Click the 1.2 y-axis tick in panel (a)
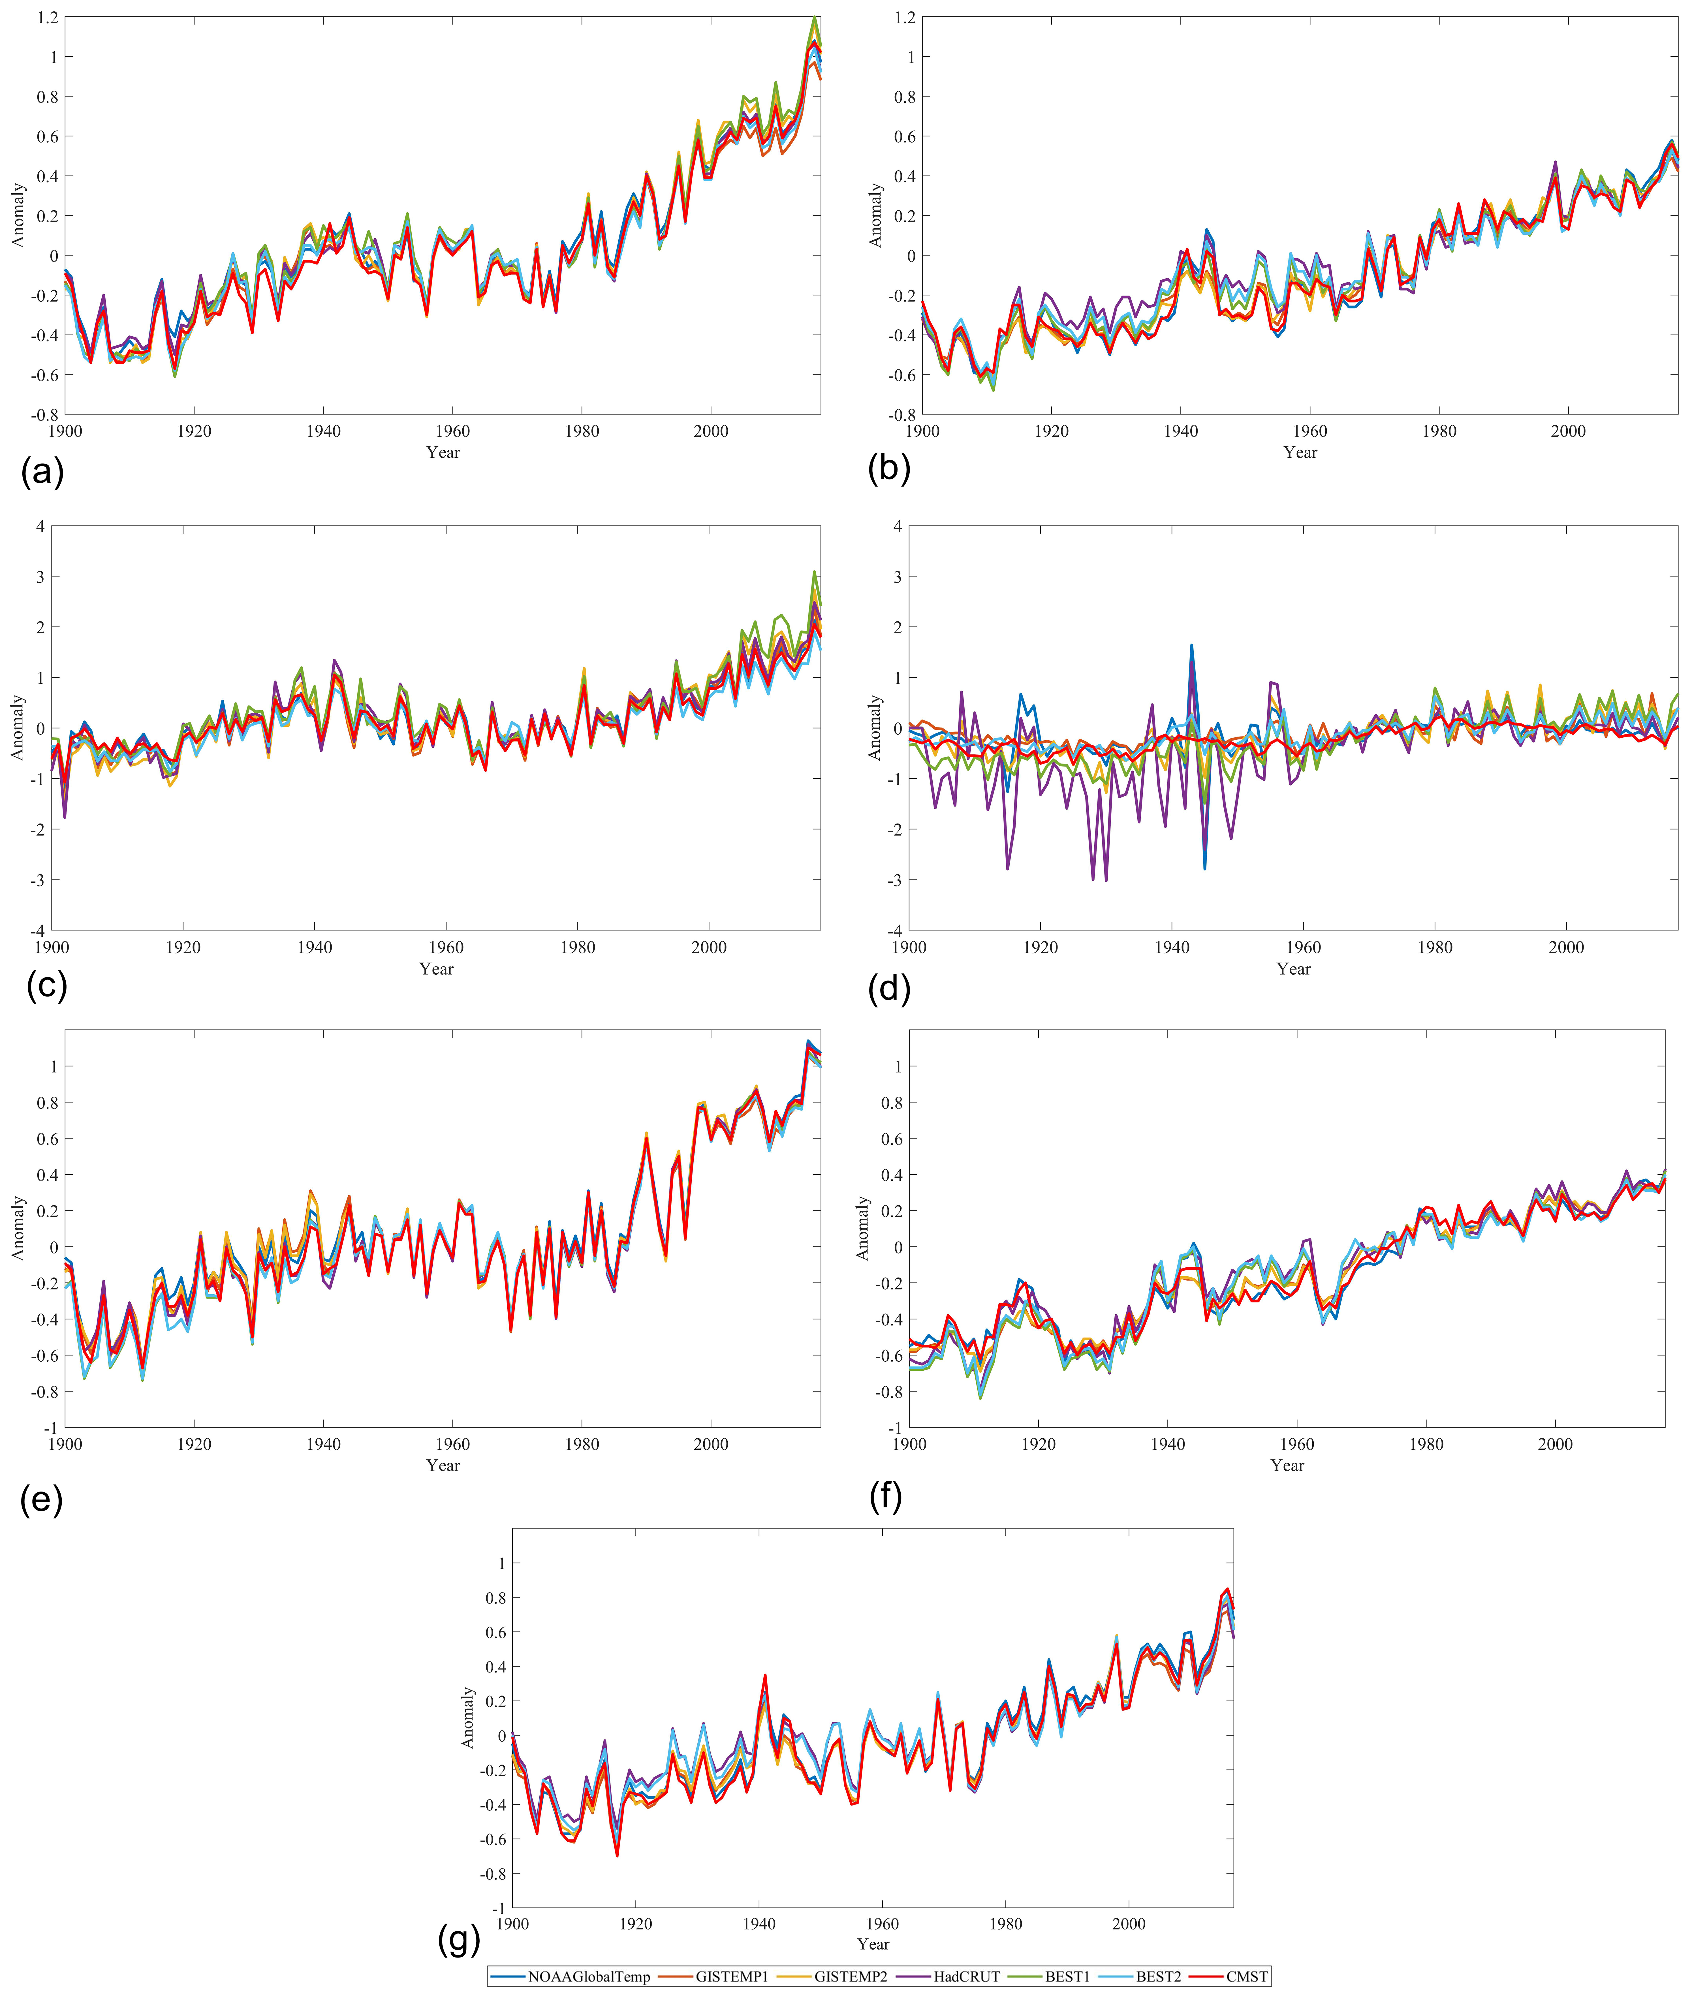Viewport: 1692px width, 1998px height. point(48,17)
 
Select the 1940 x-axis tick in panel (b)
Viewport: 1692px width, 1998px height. point(1181,432)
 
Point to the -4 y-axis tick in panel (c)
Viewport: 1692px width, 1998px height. point(37,930)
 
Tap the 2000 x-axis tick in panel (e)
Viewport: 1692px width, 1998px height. point(711,1444)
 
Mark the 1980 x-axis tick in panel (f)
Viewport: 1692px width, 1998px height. point(1426,1444)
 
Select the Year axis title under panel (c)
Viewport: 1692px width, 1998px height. point(436,969)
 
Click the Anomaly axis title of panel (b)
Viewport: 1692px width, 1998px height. point(875,216)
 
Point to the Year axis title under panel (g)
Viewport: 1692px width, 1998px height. point(873,1943)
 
